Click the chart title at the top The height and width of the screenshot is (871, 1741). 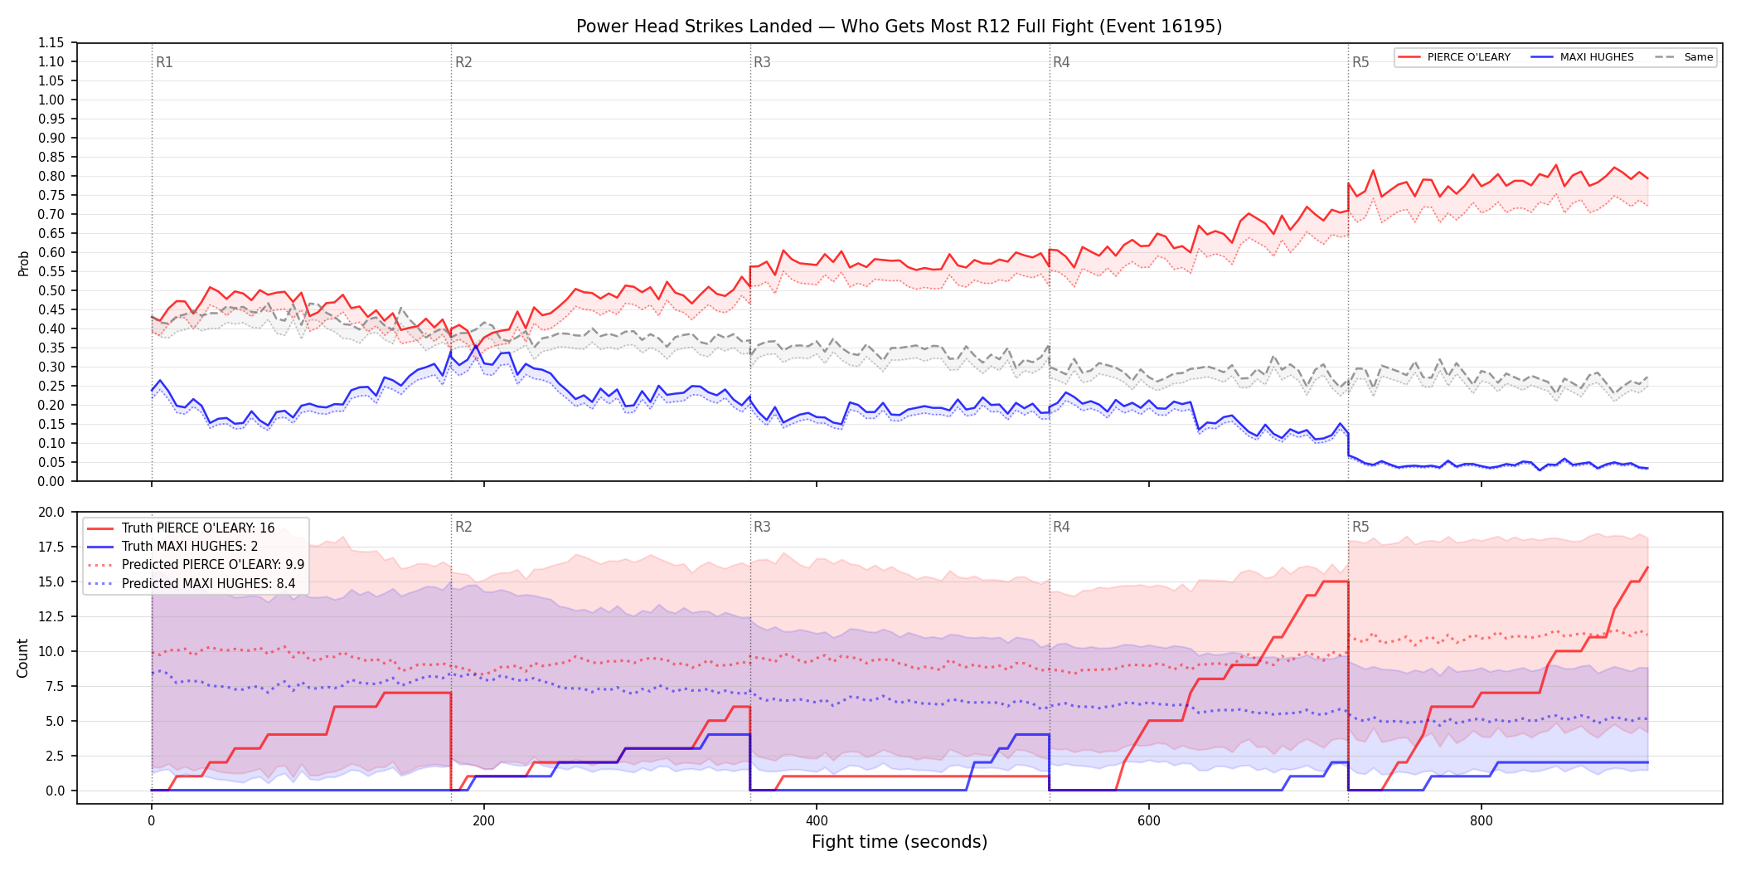coord(899,27)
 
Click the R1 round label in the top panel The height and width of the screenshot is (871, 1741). coord(164,62)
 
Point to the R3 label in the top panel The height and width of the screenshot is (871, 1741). coord(762,62)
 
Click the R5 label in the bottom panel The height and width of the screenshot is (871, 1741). coord(1360,527)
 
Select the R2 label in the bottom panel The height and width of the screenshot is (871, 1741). coord(463,527)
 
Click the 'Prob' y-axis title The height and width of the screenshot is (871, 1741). coord(24,263)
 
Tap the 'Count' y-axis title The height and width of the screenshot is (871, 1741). coord(22,658)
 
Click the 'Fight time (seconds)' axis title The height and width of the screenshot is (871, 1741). coord(900,842)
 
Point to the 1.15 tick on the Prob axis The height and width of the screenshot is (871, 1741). coord(51,43)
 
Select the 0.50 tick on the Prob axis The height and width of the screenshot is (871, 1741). coord(51,290)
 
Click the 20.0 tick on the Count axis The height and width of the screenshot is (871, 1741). coord(51,512)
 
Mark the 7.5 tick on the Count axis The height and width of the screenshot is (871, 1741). coord(55,686)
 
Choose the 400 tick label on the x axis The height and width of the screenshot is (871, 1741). coord(817,821)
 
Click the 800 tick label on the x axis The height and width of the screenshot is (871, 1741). coord(1482,821)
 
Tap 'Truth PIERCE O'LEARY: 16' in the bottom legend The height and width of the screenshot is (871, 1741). coord(198,528)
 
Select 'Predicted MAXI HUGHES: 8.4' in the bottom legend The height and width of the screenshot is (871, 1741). coord(209,583)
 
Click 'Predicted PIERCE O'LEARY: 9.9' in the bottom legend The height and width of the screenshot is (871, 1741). coord(213,565)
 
